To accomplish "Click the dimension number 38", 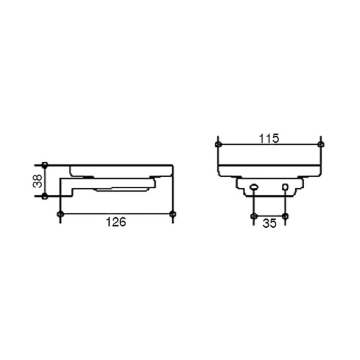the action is (x=37, y=181).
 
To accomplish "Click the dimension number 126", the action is (x=116, y=222).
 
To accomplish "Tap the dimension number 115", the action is (x=269, y=138).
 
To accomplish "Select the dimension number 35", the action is (x=269, y=223).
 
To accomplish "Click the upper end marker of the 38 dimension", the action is (x=45, y=165).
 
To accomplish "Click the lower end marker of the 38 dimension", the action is (x=45, y=196).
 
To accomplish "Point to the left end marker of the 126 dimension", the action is (x=60, y=214).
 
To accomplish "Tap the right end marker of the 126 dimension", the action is (x=173, y=214).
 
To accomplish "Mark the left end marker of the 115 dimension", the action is (x=218, y=145).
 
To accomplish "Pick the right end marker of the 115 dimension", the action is (x=321, y=145).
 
